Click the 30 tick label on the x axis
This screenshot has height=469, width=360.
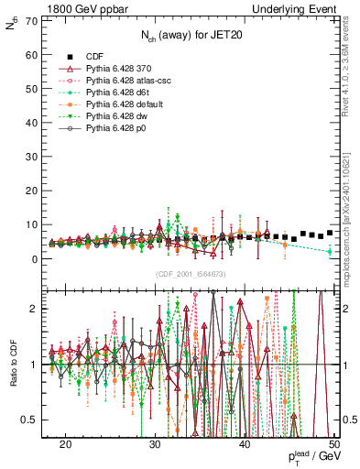[x=156, y=444]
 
